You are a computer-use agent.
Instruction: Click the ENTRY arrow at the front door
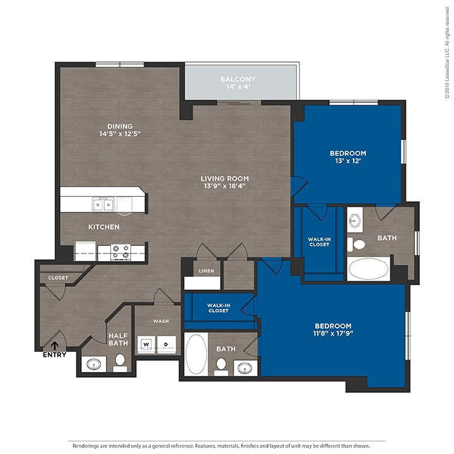pos(54,346)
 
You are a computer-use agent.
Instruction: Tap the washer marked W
pos(146,344)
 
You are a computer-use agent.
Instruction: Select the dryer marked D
pos(166,344)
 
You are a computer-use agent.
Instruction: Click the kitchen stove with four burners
pos(120,252)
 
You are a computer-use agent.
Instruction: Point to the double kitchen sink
pos(103,205)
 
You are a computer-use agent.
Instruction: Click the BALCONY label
pos(238,79)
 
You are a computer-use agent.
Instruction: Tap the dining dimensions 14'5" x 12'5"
pos(120,134)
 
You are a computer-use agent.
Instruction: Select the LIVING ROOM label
pos(225,178)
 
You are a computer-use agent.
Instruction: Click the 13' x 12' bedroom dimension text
pos(348,161)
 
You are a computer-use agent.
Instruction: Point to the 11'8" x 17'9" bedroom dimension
pos(334,334)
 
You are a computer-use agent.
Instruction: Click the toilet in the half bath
pos(120,363)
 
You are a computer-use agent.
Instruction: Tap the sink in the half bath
pos(94,364)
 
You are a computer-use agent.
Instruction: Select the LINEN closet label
pos(206,271)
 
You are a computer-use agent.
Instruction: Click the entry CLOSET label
pos(58,278)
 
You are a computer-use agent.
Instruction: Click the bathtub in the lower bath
pos(196,353)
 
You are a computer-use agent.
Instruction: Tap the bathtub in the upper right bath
pos(369,269)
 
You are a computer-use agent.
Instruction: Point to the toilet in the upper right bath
pos(357,245)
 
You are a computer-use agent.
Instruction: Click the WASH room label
pos(161,321)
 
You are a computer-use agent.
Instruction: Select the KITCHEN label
pos(104,227)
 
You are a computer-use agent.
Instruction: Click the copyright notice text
pos(448,54)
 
